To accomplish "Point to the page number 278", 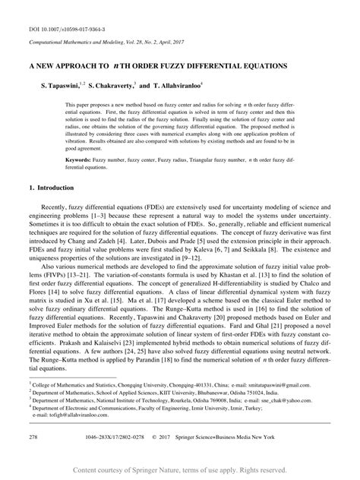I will pos(33,438).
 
